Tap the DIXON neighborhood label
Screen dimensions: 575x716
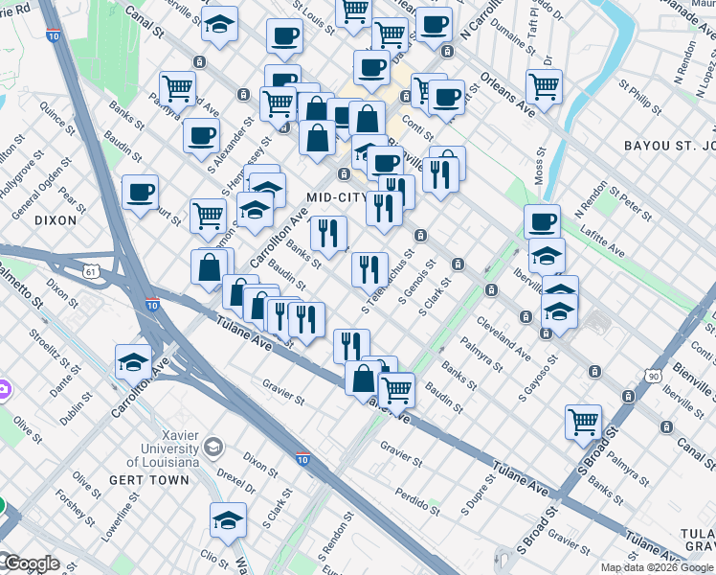pos(54,219)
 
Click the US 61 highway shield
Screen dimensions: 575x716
pos(91,272)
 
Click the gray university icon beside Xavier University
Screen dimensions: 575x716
pos(213,447)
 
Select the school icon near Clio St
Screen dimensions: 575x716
pos(228,520)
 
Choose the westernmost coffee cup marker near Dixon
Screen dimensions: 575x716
pos(140,193)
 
